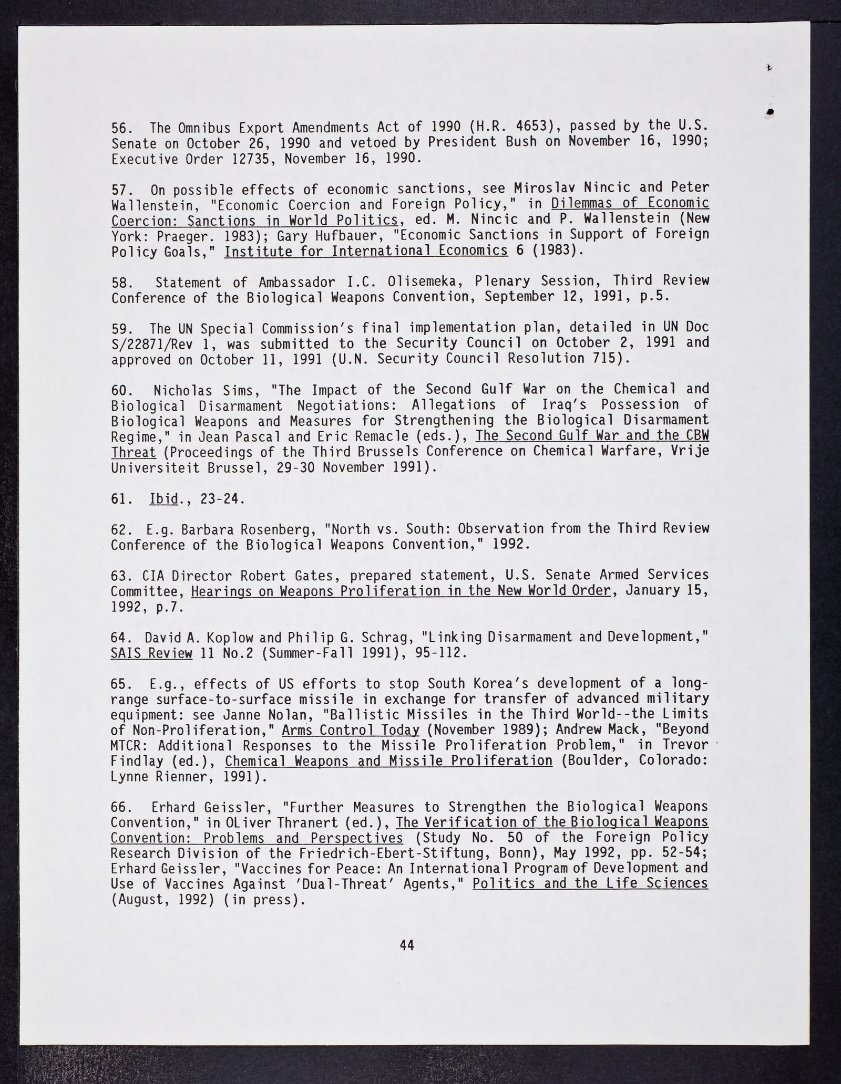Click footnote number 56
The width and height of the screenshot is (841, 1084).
tap(120, 128)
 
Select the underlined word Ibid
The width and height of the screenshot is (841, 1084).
tap(163, 498)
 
